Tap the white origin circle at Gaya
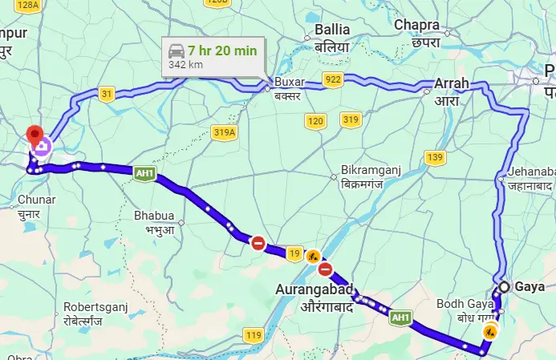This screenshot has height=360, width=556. tap(505, 287)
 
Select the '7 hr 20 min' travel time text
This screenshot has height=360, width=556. tap(224, 51)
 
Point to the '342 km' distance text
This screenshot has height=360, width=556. tap(184, 65)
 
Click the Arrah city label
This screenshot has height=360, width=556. tap(452, 83)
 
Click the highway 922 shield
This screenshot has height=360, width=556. tap(333, 79)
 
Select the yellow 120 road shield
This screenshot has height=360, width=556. tap(315, 121)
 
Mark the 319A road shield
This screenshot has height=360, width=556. tap(225, 132)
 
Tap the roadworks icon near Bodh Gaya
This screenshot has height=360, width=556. tap(489, 331)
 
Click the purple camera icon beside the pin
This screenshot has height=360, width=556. tap(42, 147)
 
